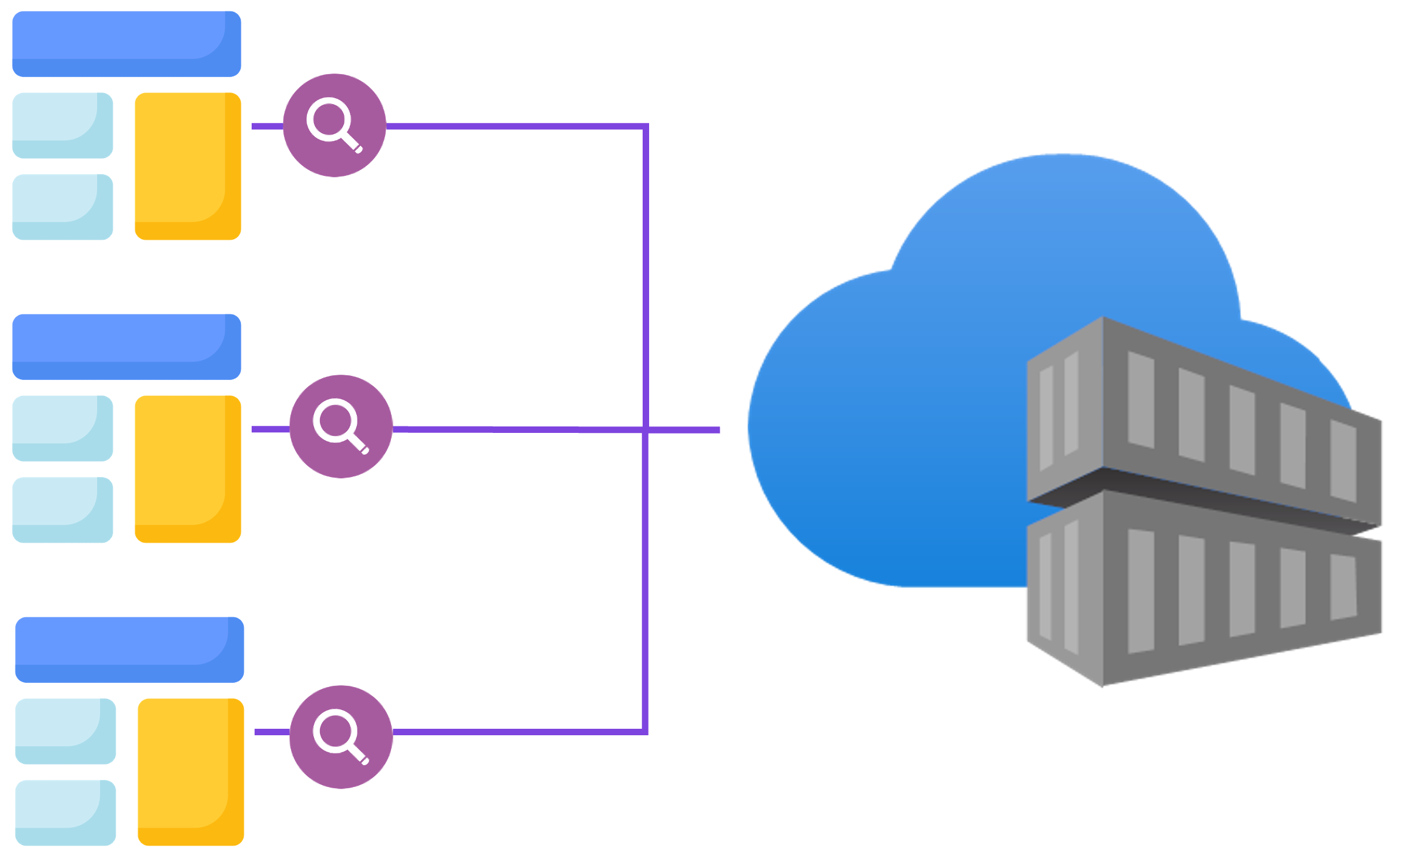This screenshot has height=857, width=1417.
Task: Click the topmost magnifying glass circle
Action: pos(335,125)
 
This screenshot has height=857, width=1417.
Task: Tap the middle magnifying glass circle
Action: pos(341,426)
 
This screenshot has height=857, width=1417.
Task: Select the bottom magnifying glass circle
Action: pos(341,737)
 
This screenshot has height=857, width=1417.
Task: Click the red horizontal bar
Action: pos(435,255)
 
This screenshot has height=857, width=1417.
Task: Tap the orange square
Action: pos(183,579)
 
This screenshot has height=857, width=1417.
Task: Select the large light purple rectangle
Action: pos(486,559)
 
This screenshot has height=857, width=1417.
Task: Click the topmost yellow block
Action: pos(188,166)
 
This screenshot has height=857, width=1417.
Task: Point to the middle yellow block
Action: pos(188,469)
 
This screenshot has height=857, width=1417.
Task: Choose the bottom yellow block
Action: pos(191,772)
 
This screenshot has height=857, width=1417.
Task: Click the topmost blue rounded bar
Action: pos(126,44)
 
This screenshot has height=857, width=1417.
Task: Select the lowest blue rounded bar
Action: pos(129,650)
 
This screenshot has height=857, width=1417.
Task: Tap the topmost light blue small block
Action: pos(62,125)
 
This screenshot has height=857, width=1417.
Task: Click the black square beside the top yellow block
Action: pos(122,166)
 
